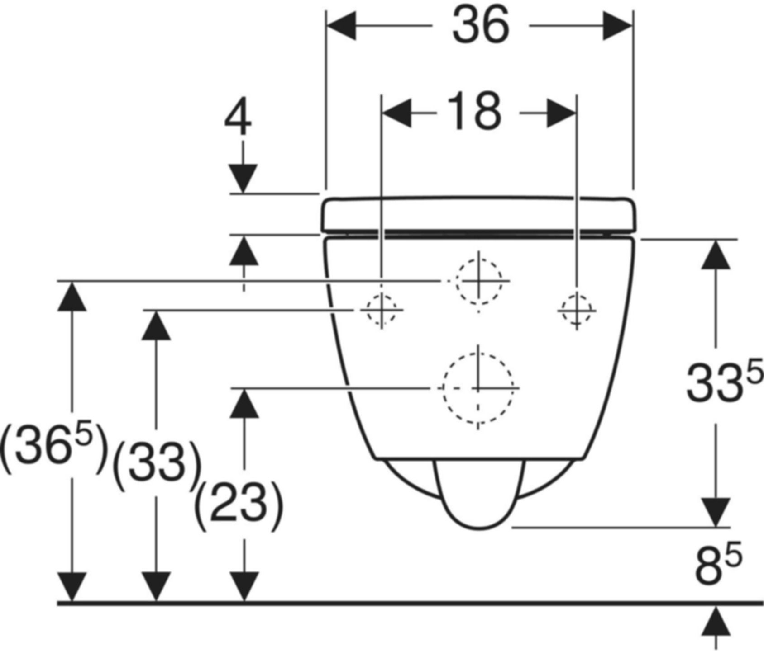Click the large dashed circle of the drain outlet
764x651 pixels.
[x=478, y=388]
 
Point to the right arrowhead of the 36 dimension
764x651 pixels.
[x=617, y=26]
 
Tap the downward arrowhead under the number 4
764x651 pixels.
[x=243, y=178]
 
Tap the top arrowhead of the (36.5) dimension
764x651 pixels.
[x=72, y=297]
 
